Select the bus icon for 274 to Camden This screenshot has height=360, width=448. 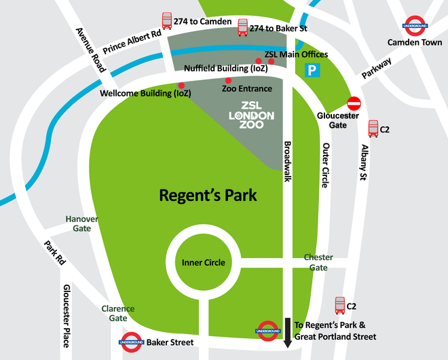click(x=166, y=21)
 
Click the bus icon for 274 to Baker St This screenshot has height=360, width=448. click(x=242, y=27)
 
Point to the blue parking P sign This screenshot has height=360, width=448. click(x=312, y=69)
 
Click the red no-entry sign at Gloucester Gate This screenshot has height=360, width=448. click(x=354, y=103)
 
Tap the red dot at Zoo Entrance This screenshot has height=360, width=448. click(x=229, y=81)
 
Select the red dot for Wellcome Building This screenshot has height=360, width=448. click(x=181, y=85)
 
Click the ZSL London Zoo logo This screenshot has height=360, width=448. click(x=251, y=115)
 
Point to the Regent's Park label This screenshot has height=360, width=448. click(x=208, y=196)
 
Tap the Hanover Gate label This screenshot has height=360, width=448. click(x=81, y=223)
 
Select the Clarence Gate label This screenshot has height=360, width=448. click(x=118, y=313)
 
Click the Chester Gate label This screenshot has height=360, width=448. click(x=318, y=262)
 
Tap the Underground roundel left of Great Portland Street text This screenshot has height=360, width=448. click(x=267, y=330)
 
